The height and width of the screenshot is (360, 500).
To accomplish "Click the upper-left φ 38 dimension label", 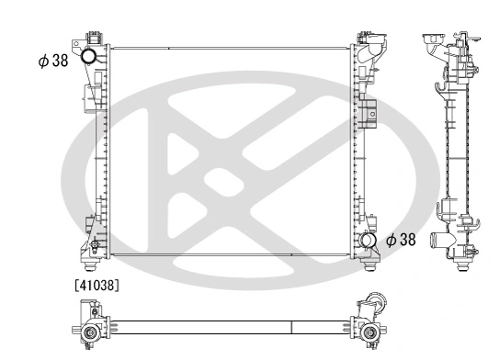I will [53, 62].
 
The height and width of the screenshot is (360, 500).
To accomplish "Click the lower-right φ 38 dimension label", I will [401, 240].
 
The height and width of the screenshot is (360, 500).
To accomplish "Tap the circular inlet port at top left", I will [90, 58].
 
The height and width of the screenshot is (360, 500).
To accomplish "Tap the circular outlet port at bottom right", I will [368, 241].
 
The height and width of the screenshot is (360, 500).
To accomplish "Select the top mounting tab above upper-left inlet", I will [93, 37].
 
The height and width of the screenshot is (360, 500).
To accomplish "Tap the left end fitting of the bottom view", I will [88, 330].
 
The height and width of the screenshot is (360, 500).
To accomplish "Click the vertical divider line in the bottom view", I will [291, 327].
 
